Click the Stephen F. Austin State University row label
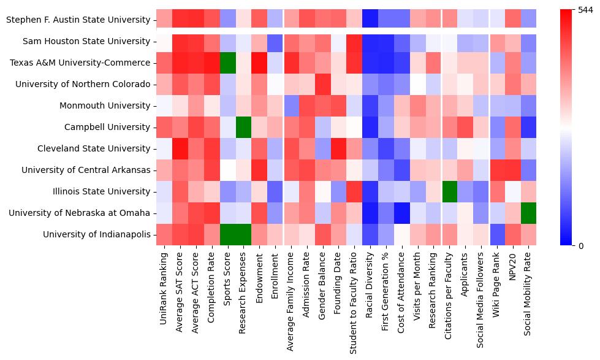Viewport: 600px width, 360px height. [x=77, y=20]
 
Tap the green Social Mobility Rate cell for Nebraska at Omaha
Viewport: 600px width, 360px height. [x=529, y=213]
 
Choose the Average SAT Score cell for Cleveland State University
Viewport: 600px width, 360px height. [x=180, y=148]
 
